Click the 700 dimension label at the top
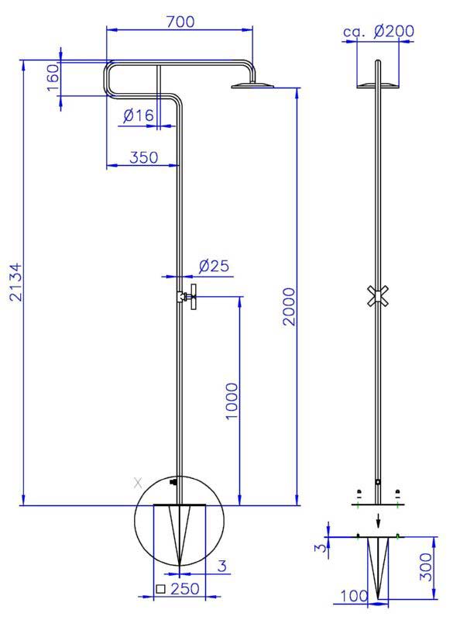(x=180, y=22)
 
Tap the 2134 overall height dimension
(x=16, y=282)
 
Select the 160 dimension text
(x=53, y=77)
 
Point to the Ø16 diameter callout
(x=139, y=115)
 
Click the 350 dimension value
(x=144, y=157)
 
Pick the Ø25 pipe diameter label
(x=214, y=266)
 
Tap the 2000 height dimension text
(x=289, y=306)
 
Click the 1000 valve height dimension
(x=232, y=401)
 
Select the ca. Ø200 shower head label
(x=379, y=32)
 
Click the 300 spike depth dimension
(x=426, y=567)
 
